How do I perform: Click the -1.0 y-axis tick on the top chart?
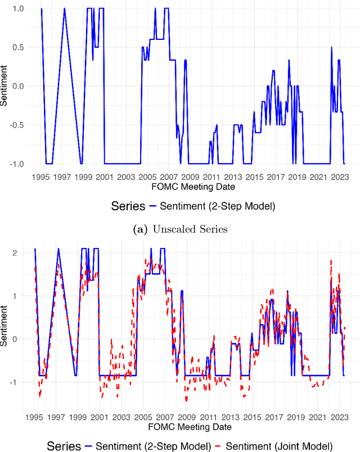click(18, 164)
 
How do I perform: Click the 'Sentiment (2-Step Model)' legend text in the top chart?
click(217, 206)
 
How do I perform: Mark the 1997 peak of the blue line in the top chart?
click(64, 9)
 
